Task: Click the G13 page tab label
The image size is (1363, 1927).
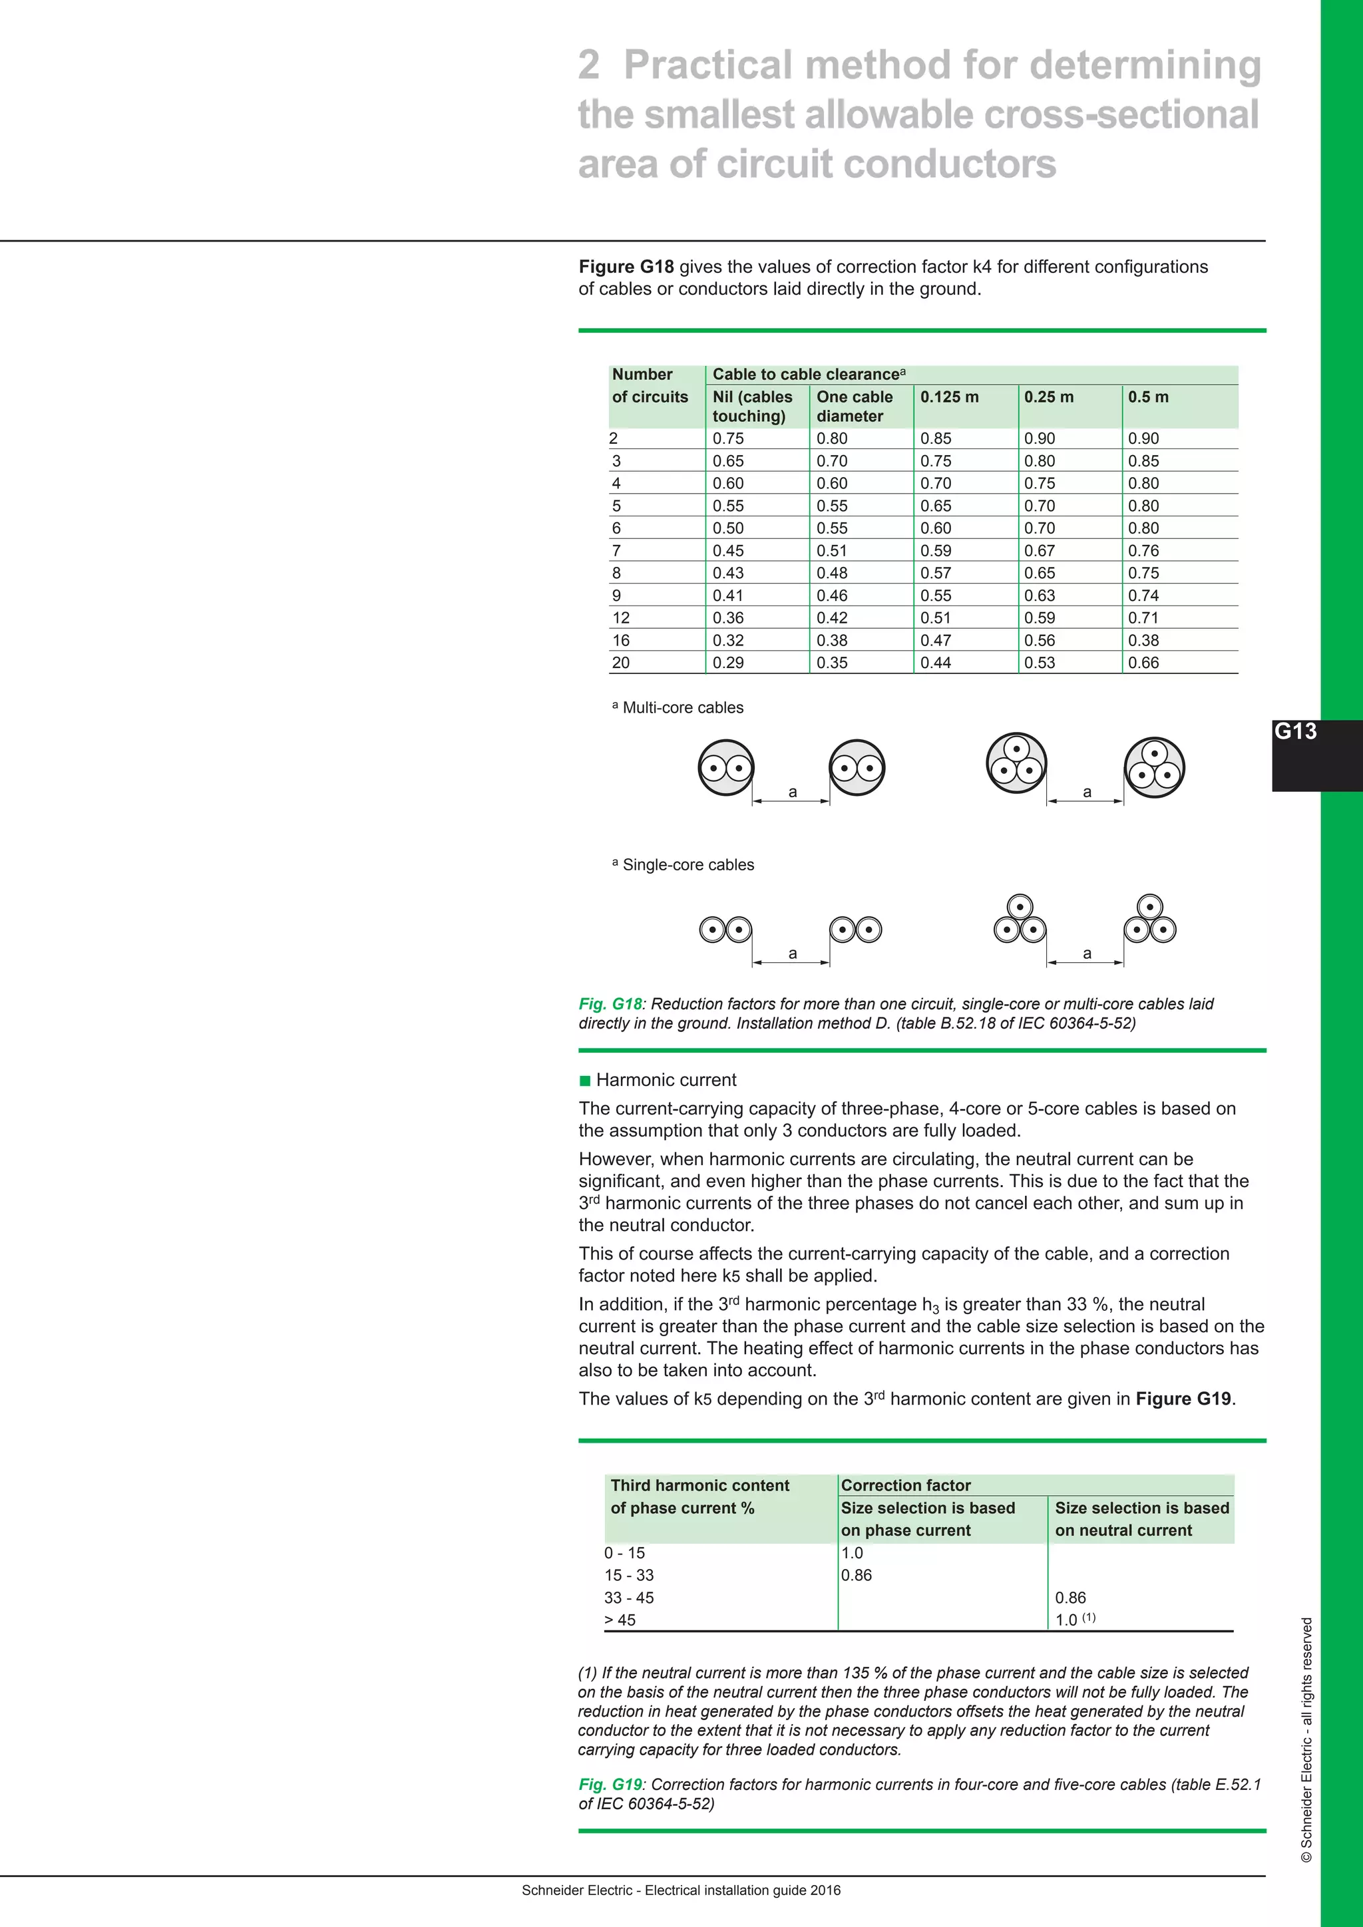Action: [1296, 731]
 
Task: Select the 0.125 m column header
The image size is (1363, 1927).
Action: [949, 397]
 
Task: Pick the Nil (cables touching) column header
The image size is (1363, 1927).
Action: [752, 406]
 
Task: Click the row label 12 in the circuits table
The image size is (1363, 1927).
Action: [621, 617]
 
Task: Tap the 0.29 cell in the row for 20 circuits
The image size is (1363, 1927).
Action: [727, 662]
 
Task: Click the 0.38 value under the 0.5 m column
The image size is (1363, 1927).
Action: [1143, 640]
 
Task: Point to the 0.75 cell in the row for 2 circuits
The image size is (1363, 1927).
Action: [727, 438]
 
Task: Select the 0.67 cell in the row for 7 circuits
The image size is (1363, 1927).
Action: [1039, 550]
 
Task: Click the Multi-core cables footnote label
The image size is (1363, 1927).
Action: [682, 707]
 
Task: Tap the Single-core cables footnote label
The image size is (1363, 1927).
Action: [687, 864]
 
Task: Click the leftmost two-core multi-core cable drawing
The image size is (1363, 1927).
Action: [726, 767]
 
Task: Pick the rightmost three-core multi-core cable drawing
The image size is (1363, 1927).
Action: [1155, 767]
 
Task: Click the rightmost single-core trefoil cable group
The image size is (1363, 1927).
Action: [1150, 919]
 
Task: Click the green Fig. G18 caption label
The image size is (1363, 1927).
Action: [610, 1004]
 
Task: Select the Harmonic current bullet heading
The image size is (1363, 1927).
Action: [666, 1080]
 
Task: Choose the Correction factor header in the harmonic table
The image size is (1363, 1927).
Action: [906, 1486]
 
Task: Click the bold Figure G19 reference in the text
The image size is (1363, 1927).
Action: [1183, 1399]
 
